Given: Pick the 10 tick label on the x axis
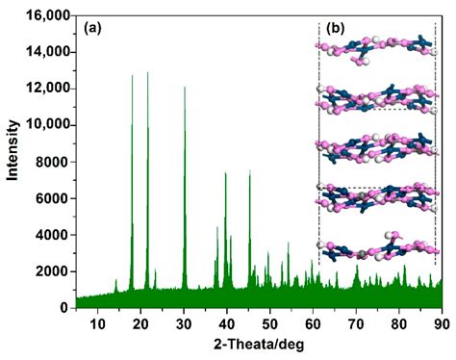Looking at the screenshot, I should [x=97, y=325].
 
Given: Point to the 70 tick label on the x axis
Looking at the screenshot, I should [x=356, y=325].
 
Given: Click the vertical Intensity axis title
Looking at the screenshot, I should [x=13, y=162].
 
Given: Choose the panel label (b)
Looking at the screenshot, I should [x=336, y=27].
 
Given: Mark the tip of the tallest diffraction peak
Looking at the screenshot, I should [x=147, y=72].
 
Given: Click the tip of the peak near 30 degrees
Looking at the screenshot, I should [x=185, y=88].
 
